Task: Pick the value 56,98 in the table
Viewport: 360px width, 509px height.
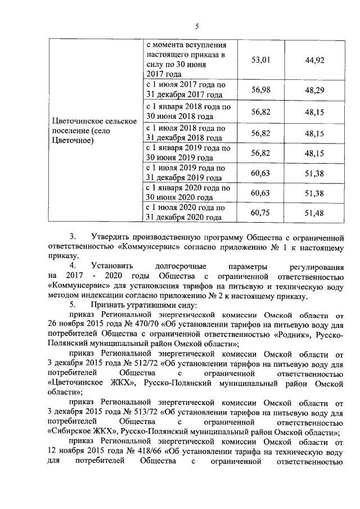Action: pyautogui.click(x=260, y=90)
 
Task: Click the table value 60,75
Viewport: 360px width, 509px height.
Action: pyautogui.click(x=260, y=213)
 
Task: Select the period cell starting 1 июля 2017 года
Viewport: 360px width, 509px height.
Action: pyautogui.click(x=186, y=90)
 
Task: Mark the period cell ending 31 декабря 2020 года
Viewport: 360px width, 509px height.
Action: pyautogui.click(x=186, y=213)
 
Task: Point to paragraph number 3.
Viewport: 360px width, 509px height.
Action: pyautogui.click(x=72, y=236)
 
